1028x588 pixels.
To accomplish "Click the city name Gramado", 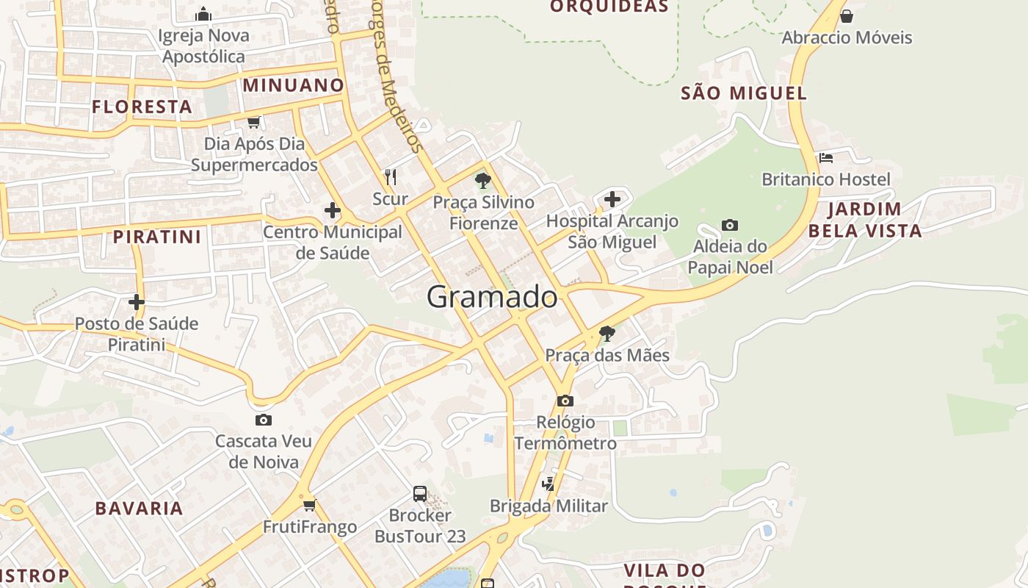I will point(492,297).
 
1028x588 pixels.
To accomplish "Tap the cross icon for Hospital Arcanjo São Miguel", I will point(612,198).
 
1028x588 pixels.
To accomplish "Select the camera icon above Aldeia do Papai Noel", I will point(729,225).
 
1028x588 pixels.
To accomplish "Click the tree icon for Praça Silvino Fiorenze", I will point(482,180).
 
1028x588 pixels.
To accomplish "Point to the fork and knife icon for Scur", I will point(391,177).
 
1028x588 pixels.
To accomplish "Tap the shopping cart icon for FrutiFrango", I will point(309,505).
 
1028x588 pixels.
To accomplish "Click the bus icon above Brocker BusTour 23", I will point(420,493).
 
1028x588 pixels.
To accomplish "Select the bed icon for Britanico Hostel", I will point(826,157).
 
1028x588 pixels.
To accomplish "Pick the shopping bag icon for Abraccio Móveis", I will point(847,15).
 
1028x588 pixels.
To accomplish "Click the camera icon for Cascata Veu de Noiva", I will point(264,420).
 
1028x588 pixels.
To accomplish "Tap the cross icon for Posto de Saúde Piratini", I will point(137,301).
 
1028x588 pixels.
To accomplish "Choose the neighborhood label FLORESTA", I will point(142,107).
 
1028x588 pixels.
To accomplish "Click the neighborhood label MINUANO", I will point(294,85).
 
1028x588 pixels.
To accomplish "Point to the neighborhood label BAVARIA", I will point(139,508).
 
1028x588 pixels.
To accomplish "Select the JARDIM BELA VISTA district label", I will point(864,220).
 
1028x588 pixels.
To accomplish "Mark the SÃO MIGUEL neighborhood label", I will point(744,93).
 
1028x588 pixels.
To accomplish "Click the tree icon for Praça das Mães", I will point(607,334).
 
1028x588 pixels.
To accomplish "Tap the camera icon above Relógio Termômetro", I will point(565,401).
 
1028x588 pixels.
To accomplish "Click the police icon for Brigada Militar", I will point(549,484).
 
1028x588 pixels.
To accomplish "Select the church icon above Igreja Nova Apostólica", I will point(203,14).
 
